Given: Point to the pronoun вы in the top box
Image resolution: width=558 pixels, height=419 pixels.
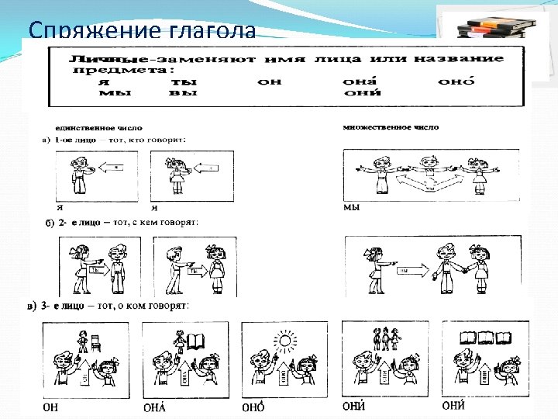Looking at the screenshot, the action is (183, 92).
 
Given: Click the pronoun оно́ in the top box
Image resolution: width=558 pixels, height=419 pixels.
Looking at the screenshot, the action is (456, 81).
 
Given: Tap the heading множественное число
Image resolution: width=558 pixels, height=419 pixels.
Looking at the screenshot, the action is (390, 127).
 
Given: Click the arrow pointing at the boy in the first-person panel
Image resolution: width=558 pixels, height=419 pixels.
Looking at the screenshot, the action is (112, 166).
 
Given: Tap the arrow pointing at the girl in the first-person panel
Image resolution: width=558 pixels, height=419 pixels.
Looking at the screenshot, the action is (207, 166).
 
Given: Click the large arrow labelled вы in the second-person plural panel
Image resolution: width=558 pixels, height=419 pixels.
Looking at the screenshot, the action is (409, 271).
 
